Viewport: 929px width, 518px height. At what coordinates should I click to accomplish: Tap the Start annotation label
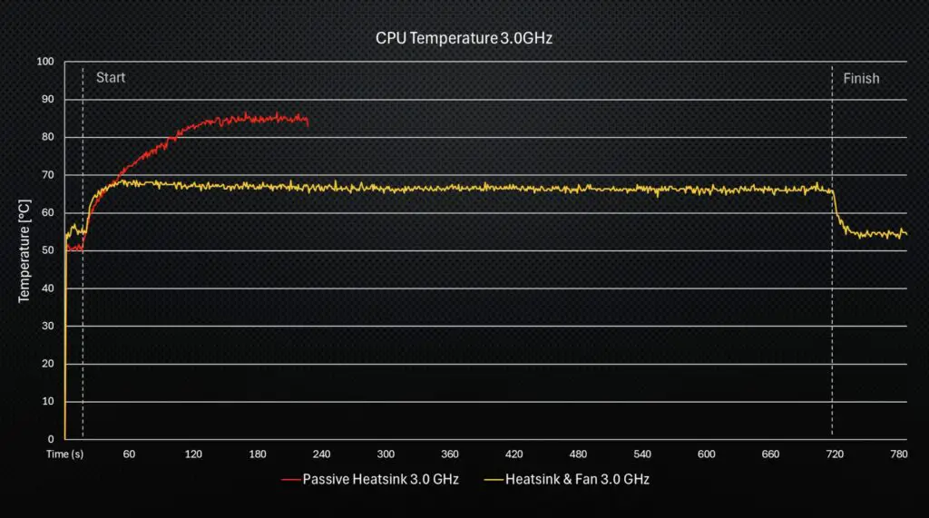click(x=111, y=78)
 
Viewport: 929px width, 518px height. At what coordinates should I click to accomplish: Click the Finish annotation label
click(x=861, y=79)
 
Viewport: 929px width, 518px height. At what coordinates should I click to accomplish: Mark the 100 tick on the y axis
click(x=45, y=62)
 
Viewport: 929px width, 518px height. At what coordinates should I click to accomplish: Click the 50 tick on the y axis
click(x=48, y=250)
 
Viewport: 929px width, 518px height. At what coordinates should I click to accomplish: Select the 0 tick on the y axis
click(x=51, y=439)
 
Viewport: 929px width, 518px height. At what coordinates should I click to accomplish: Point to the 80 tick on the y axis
click(x=48, y=137)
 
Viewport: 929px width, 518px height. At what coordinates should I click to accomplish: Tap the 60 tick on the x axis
click(x=129, y=454)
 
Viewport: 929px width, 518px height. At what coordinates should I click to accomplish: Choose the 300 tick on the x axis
click(x=386, y=454)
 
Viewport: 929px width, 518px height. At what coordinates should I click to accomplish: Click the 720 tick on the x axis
click(x=835, y=454)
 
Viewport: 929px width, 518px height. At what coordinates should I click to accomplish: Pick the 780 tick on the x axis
click(x=899, y=454)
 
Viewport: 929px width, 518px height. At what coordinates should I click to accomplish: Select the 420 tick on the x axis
click(x=513, y=454)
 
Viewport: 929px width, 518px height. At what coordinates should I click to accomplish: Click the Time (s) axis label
click(x=65, y=454)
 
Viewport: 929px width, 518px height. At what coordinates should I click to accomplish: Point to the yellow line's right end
click(x=906, y=235)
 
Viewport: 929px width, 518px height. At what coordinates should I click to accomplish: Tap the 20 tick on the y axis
click(x=48, y=364)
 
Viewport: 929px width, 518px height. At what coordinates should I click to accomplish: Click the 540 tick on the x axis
click(x=642, y=454)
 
